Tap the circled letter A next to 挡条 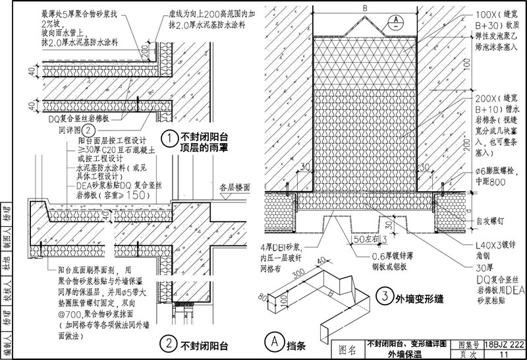point(272,342)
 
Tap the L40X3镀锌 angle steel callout point(495,245)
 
